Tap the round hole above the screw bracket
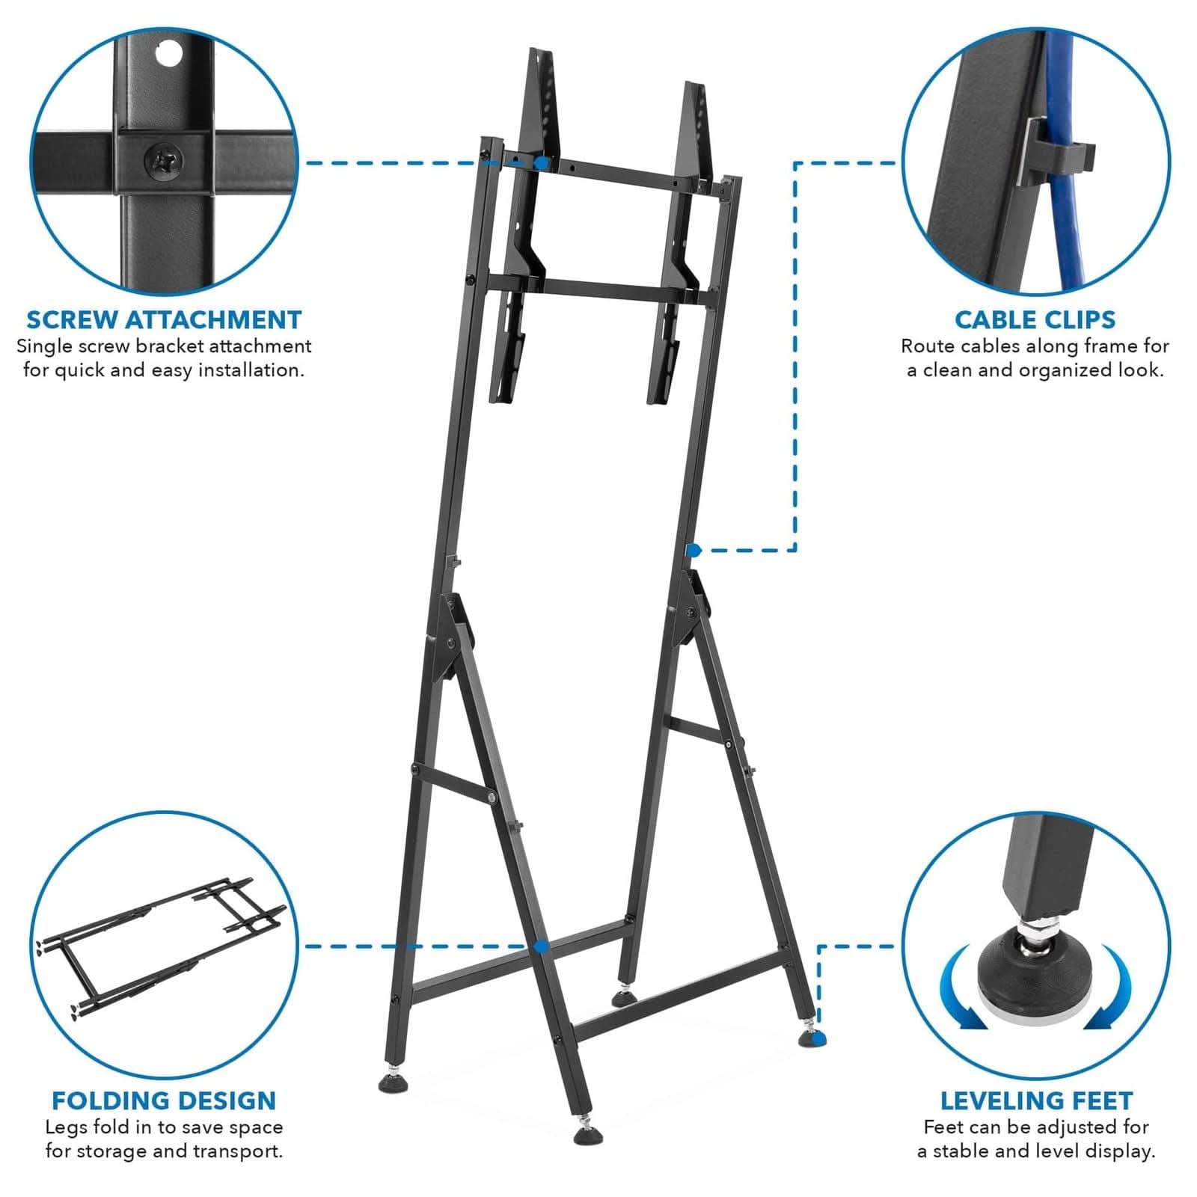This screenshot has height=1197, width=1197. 171,54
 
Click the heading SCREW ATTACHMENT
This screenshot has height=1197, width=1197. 164,319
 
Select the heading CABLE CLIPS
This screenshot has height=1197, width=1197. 1035,319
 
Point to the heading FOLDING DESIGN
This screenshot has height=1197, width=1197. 164,1100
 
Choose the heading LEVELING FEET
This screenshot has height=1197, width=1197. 1036,1100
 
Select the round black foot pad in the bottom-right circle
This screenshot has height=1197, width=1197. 1037,972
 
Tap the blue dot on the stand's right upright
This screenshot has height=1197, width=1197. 694,551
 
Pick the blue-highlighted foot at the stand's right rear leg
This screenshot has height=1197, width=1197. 817,1038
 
